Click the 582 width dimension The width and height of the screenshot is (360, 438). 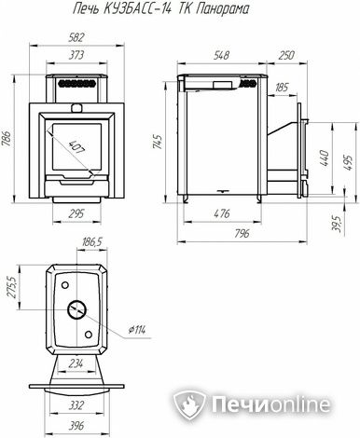tap(76, 37)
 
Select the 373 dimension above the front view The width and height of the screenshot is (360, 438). tap(76, 55)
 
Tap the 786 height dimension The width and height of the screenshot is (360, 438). tap(7, 139)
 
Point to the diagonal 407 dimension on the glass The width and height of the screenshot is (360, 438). tap(76, 147)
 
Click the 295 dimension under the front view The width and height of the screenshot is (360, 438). tap(76, 213)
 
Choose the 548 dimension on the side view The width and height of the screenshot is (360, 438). tap(221, 55)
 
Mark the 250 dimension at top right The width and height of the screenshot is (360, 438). tap(286, 55)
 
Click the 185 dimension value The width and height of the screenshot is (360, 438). tap(282, 88)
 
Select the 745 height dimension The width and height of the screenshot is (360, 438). tap(159, 142)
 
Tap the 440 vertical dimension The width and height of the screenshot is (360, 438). tap(324, 157)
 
